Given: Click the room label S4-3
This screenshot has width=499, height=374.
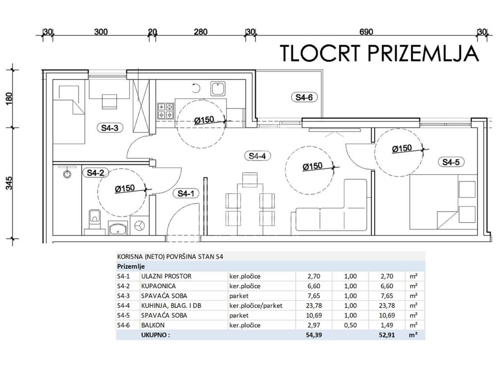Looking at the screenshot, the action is click(x=110, y=128).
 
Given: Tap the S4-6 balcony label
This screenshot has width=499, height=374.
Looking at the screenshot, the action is click(x=304, y=97).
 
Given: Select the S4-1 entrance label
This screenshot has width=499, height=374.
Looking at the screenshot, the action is click(x=186, y=193).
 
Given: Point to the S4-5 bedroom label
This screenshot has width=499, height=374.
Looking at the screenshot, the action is click(x=451, y=162).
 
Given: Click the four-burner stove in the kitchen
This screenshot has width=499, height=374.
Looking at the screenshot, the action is click(x=166, y=111).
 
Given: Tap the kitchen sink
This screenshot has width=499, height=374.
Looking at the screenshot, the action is click(x=218, y=89).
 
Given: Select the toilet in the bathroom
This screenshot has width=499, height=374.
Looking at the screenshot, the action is click(x=94, y=220).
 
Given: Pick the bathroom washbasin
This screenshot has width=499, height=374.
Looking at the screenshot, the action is click(x=118, y=228).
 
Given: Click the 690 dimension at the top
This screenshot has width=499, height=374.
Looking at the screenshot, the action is click(x=366, y=32).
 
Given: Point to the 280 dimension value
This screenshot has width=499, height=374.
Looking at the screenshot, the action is click(x=200, y=32).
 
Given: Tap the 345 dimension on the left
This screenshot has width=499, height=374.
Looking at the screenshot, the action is click(x=9, y=183).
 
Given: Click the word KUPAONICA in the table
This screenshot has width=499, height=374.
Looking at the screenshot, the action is click(x=158, y=286).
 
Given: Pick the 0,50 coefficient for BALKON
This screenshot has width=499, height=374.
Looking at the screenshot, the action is click(x=350, y=325).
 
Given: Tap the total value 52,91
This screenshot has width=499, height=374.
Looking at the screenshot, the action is click(x=387, y=335).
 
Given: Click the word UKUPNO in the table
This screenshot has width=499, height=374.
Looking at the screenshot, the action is click(x=154, y=335).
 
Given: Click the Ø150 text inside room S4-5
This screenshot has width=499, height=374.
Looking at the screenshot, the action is click(x=402, y=148).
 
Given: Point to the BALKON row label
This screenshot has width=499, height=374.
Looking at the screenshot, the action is click(x=153, y=325).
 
